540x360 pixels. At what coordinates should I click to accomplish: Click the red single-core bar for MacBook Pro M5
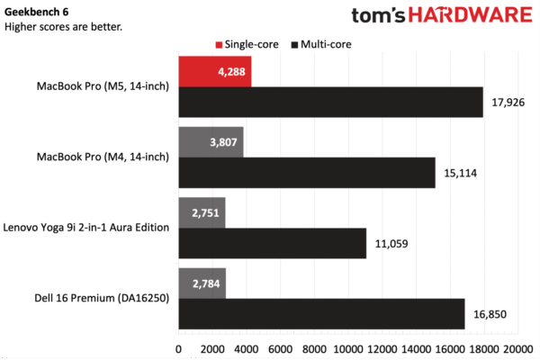pos(215,71)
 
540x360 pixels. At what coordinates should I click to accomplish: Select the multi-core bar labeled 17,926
pos(331,102)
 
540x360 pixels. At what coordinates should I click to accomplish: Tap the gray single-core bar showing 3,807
pos(211,141)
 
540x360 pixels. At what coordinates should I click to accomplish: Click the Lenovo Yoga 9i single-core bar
pos(202,212)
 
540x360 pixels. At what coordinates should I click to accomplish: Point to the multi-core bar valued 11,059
pos(273,243)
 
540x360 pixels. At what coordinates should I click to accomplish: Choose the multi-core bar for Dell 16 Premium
pos(321,313)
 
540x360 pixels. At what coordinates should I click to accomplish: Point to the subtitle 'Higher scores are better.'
pos(63,26)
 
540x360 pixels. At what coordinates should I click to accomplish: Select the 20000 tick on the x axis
pos(516,348)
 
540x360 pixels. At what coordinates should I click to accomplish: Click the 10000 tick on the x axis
pos(348,348)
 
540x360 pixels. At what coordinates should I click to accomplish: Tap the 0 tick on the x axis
pos(179,348)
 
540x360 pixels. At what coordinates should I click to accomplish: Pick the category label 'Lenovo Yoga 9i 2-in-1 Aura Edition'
pos(87,228)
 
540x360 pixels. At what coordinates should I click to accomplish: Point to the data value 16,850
pos(491,314)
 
